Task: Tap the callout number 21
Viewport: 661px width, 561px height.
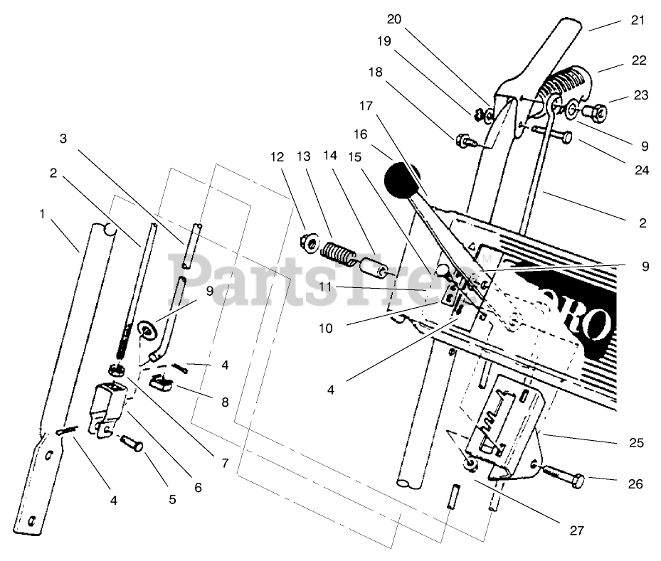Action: coord(637,20)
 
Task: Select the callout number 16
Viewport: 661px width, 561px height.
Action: coord(361,134)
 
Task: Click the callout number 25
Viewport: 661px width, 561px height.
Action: coord(636,442)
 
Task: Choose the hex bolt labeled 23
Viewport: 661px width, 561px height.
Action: coord(593,112)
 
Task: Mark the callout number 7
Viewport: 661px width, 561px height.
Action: coord(225,464)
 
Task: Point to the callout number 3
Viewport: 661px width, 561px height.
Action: coord(63,139)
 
